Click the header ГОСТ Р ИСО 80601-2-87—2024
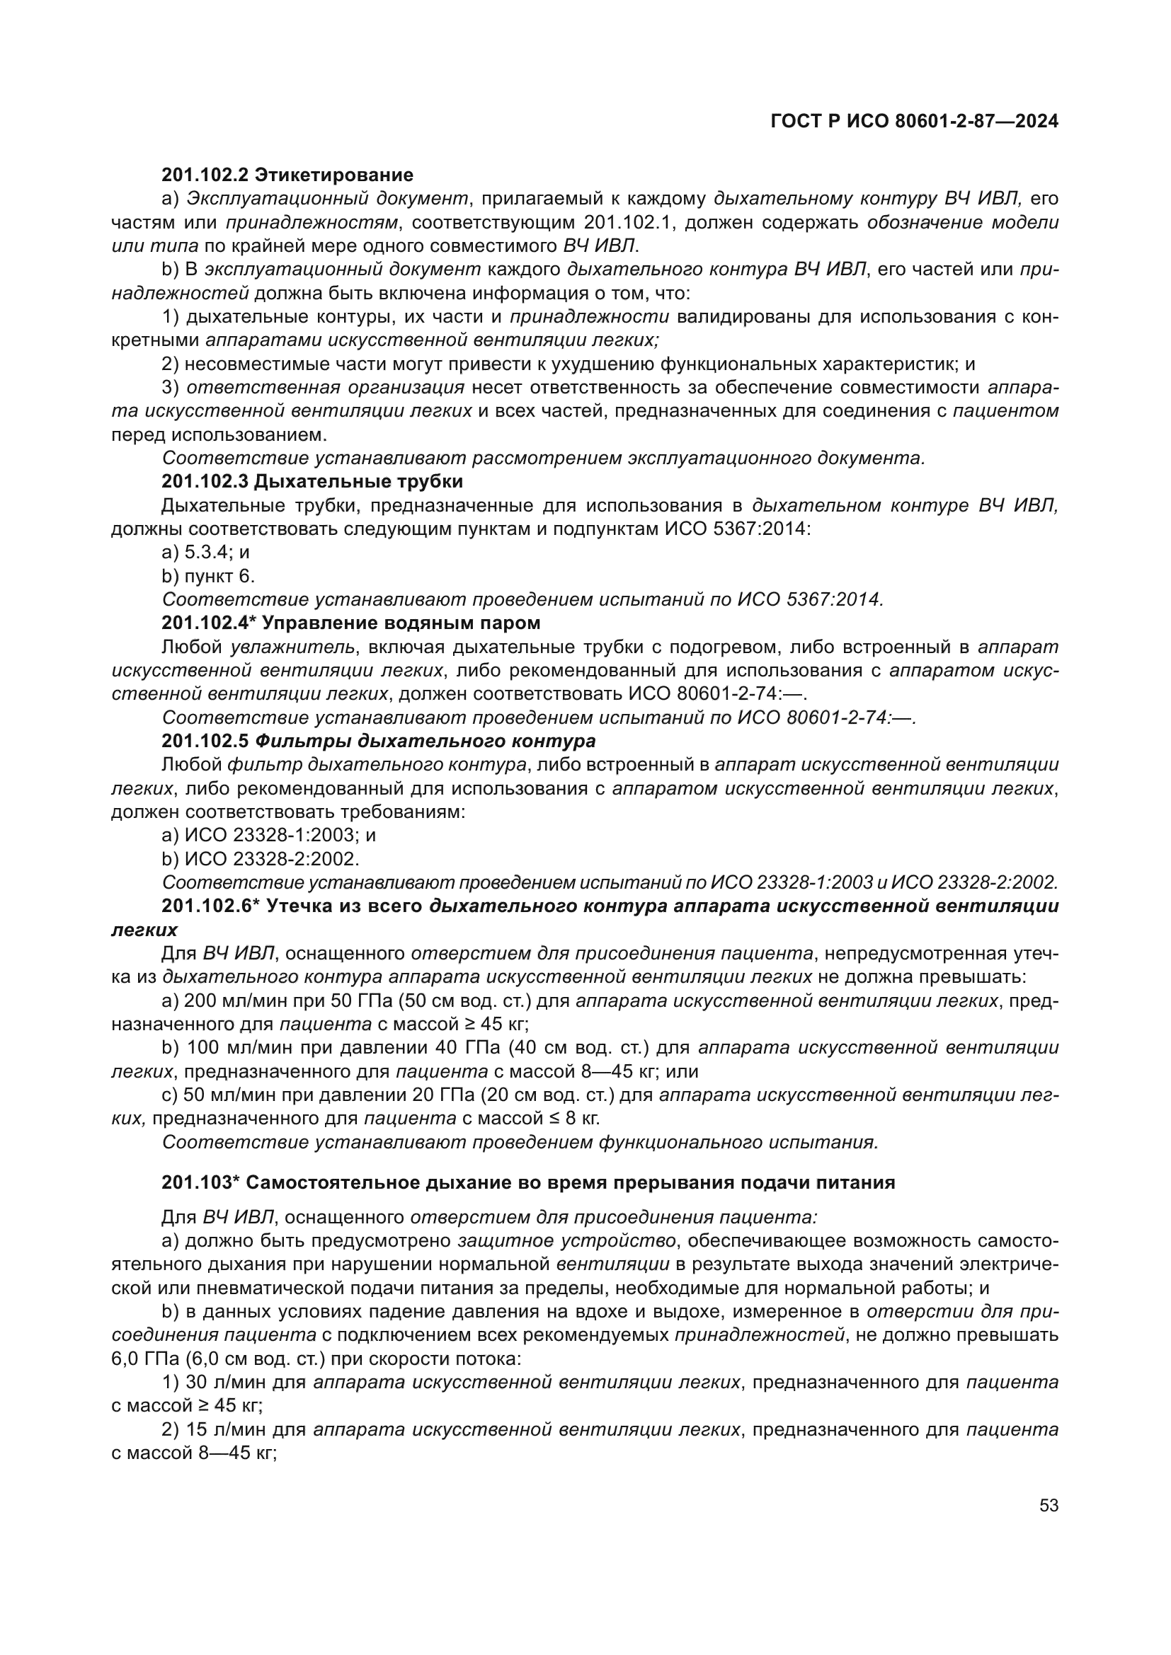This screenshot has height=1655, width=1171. (x=913, y=121)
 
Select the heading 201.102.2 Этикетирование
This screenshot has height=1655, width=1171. (x=287, y=175)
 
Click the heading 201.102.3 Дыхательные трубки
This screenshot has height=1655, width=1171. (x=312, y=480)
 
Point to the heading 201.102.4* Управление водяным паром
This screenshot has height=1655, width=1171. (x=350, y=622)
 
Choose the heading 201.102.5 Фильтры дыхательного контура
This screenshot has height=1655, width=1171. (x=378, y=741)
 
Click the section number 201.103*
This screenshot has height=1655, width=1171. (x=200, y=1183)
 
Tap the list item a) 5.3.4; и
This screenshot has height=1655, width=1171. (x=205, y=552)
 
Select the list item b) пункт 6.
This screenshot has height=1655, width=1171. (x=208, y=576)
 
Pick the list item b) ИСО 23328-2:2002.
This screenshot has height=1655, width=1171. (x=261, y=859)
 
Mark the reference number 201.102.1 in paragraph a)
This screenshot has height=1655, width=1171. (x=628, y=223)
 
